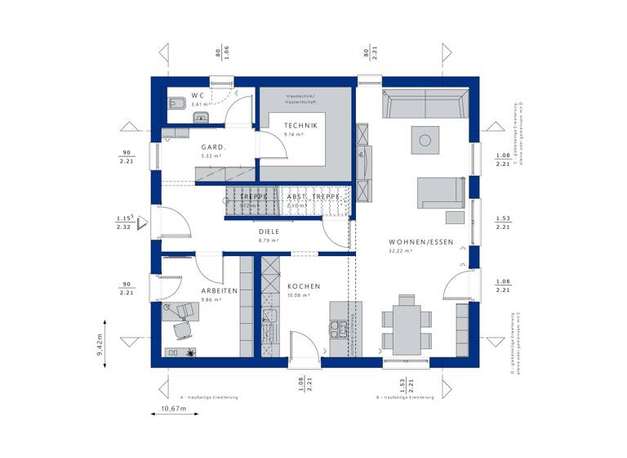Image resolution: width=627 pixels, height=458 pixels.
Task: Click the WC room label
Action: tap(198, 95)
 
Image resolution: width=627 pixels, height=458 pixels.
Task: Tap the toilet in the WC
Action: tap(175, 104)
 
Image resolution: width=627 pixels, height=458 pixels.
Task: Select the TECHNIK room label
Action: tap(300, 124)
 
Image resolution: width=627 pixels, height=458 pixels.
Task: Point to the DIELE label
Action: tap(269, 231)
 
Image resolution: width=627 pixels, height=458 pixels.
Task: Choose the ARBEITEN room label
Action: tap(220, 290)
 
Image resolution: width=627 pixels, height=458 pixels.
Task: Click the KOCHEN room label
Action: tap(303, 286)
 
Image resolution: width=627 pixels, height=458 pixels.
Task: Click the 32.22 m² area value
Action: tap(399, 252)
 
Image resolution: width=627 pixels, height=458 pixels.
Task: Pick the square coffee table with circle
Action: tap(425, 140)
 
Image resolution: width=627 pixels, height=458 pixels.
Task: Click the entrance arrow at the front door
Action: tap(142, 222)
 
